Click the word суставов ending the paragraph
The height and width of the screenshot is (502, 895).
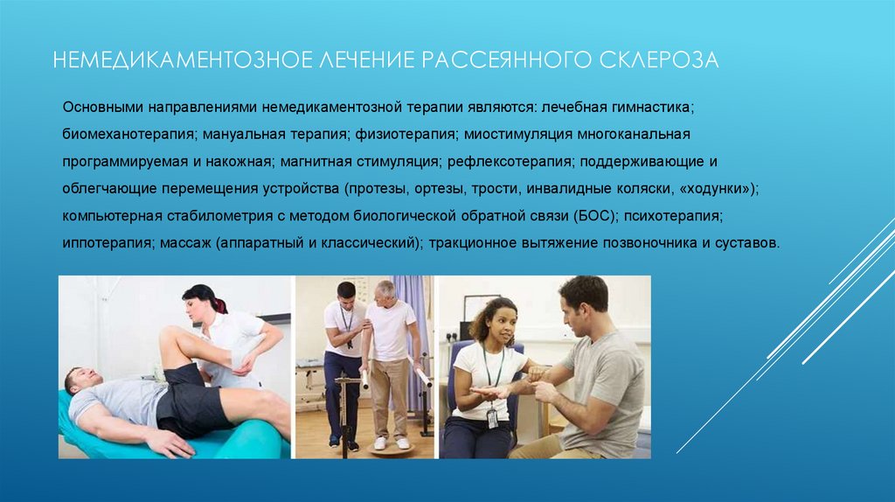(x=745, y=241)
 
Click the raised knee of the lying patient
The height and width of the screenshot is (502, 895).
(x=170, y=338)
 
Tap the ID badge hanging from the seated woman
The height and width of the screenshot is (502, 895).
(x=491, y=418)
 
